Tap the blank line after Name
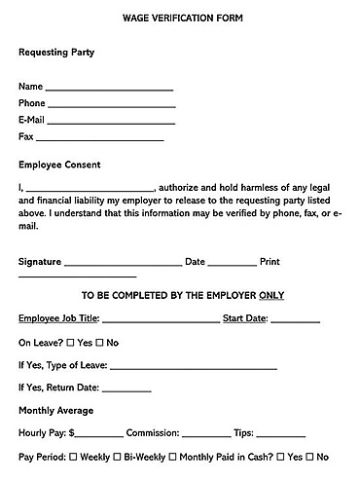coord(110,90)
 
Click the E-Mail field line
coord(111,123)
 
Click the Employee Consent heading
coord(59,165)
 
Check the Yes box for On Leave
coord(71,343)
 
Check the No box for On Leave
coord(99,343)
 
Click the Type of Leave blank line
coord(194,369)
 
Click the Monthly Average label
coord(56,411)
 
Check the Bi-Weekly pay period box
coord(118,457)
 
